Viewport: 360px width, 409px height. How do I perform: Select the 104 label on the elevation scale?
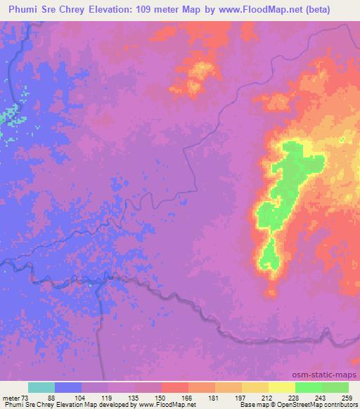coord(82,398)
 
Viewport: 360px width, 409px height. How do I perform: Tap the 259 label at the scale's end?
coord(347,398)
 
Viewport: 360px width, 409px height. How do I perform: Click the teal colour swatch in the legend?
coord(41,387)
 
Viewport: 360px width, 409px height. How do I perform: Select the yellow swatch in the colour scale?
coord(281,387)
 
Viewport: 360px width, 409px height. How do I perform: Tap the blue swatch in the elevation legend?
coord(68,387)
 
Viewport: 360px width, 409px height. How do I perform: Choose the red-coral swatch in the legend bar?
coord(174,387)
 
